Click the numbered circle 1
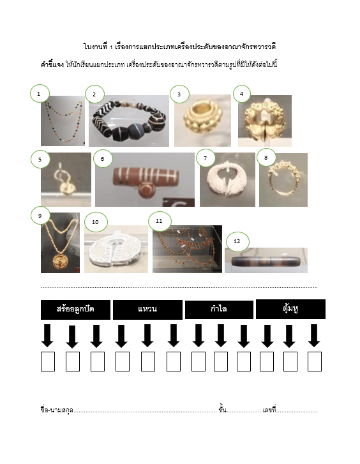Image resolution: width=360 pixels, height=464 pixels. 40,94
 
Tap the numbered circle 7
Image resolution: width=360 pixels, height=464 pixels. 206,158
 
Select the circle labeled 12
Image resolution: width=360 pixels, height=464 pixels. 237,241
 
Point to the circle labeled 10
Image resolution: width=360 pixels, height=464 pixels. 96,222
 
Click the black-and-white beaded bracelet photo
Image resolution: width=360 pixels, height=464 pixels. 129,121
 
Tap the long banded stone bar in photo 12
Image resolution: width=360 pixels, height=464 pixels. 266,262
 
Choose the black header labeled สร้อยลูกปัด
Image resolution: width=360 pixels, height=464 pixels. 75,310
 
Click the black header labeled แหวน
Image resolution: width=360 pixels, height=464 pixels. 147,310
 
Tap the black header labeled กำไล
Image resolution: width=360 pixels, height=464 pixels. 219,310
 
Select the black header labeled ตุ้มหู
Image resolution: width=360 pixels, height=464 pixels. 290,310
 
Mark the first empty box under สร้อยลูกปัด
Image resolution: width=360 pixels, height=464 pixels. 48,361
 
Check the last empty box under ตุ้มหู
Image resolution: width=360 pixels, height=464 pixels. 315,361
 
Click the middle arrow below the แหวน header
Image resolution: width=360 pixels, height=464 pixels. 147,336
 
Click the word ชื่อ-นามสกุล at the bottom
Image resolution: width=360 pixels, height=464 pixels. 57,410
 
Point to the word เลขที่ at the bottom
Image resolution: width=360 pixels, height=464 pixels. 269,410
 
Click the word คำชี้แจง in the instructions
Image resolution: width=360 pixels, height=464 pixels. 52,64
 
